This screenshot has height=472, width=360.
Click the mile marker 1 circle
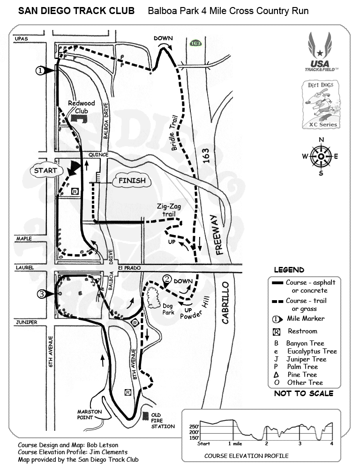(x=40, y=70)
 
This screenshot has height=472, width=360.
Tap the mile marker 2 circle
(x=166, y=279)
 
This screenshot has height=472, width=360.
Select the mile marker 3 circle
(x=42, y=294)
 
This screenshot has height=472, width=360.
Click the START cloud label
(x=45, y=170)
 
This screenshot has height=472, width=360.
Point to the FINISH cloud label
(x=131, y=180)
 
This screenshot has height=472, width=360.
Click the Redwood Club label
(x=81, y=107)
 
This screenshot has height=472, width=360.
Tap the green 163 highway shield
(x=195, y=43)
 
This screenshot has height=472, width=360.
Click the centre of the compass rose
(x=321, y=156)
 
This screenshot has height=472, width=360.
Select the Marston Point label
(x=90, y=415)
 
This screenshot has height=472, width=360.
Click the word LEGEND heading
(x=289, y=270)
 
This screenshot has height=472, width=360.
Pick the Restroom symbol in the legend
(x=277, y=332)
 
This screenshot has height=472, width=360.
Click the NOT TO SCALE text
(x=303, y=393)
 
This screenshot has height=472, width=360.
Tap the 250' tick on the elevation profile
(x=194, y=427)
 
